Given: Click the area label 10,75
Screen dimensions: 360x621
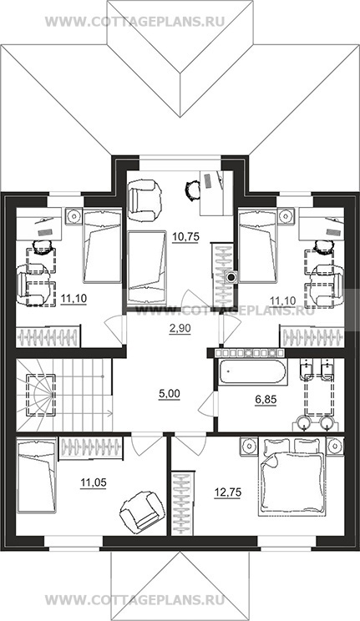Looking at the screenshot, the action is click(185, 237).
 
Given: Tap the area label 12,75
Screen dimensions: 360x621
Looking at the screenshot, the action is click(227, 492).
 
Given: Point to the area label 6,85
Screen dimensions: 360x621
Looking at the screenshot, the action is click(266, 400).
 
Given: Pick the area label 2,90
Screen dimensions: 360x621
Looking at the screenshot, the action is click(180, 328).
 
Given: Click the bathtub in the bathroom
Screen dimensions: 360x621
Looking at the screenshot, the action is click(251, 372).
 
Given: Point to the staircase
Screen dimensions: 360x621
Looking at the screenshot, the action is click(64, 395).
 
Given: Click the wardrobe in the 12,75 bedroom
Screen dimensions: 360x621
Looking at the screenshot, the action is click(183, 503).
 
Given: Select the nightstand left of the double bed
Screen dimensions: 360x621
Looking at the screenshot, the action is click(249, 446).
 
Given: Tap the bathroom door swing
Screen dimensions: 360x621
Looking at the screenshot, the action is click(207, 404).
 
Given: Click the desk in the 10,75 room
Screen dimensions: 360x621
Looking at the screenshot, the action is click(216, 193).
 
